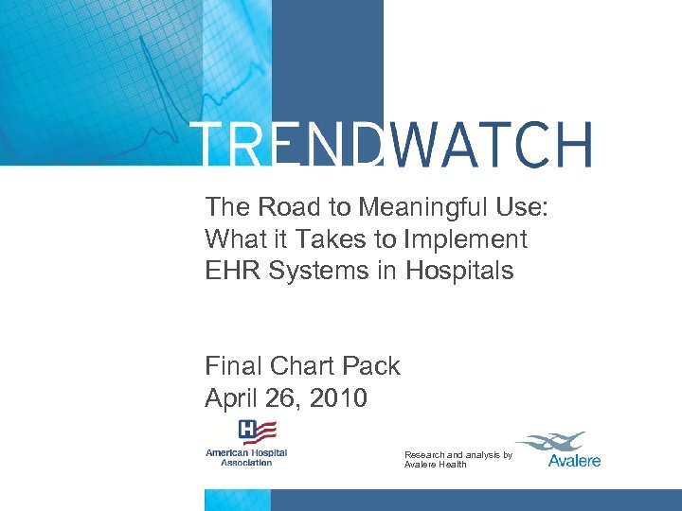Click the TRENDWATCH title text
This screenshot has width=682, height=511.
click(392, 145)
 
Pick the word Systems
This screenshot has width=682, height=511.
click(321, 271)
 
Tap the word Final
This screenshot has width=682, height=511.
click(234, 365)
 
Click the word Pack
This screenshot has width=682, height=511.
click(373, 365)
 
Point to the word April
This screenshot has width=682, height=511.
click(232, 397)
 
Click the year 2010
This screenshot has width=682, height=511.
click(337, 397)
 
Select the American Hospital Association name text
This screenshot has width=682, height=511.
click(245, 457)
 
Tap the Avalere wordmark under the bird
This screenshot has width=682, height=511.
click(574, 461)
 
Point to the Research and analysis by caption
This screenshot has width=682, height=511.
click(458, 455)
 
